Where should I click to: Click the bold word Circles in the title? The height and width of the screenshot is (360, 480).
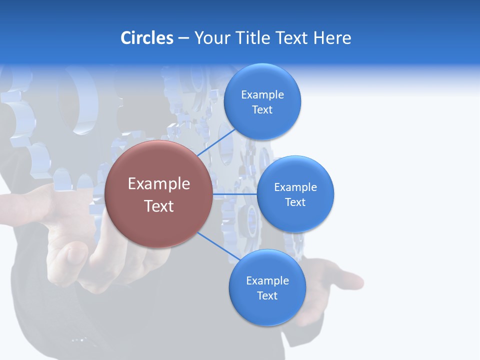147,38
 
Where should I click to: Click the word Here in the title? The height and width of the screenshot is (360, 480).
332,38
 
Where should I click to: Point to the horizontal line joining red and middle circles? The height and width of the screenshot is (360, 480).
234,194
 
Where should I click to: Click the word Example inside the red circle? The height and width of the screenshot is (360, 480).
158,184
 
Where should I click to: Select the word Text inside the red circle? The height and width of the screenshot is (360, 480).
158,206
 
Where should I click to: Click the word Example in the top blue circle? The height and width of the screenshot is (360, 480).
262,95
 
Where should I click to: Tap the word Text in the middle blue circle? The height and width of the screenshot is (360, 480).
295,202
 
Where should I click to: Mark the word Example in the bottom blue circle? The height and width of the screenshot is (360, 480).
267,281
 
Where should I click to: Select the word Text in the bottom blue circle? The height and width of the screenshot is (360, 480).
267,296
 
